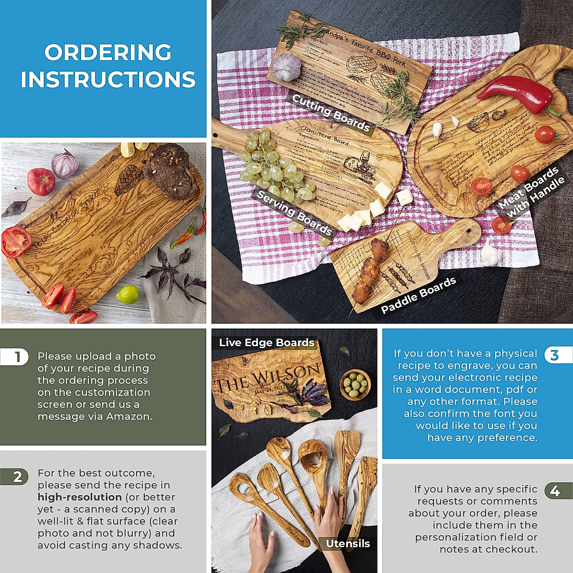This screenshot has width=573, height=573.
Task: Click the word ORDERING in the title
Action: tap(108, 53)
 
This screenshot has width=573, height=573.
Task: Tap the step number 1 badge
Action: tap(18, 357)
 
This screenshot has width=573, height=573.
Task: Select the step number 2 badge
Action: tap(18, 477)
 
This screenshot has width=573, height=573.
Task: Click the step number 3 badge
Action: tap(554, 355)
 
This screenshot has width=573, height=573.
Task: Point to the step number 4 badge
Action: tap(555, 490)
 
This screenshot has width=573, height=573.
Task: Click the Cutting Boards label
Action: tap(330, 113)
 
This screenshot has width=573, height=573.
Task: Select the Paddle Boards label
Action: tap(418, 295)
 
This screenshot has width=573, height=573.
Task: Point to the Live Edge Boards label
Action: tap(266, 342)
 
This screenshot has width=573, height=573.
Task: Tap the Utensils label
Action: tap(348, 543)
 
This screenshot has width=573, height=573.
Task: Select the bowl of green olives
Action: tap(355, 383)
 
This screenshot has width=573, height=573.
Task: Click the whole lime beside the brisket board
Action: tap(128, 295)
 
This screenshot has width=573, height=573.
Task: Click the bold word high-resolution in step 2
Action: tap(80, 497)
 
